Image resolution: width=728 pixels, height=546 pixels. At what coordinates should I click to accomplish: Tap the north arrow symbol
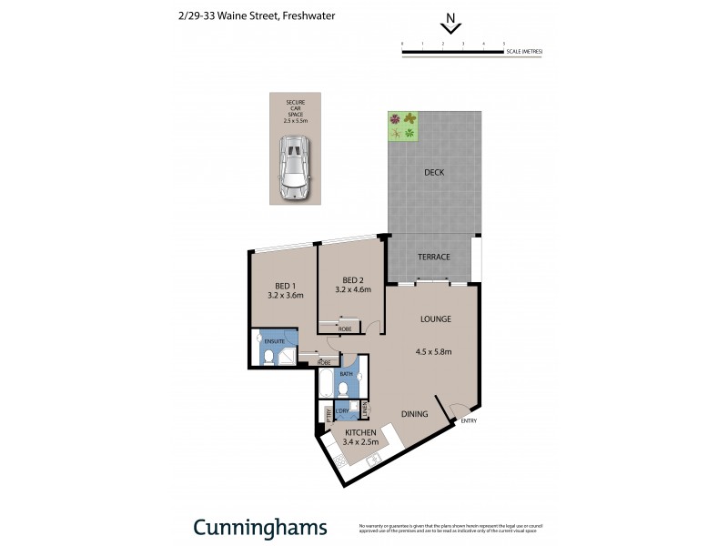(450, 24)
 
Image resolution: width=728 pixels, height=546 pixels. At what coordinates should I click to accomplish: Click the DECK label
(433, 173)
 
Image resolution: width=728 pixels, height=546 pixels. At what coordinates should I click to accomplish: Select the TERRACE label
(434, 257)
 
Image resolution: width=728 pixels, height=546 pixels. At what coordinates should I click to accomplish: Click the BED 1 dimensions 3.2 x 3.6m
(285, 295)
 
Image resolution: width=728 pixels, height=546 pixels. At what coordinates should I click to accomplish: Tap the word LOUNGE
(435, 319)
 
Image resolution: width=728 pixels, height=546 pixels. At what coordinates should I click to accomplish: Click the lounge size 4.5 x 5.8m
(434, 351)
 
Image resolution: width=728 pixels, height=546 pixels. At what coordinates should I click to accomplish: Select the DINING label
(415, 414)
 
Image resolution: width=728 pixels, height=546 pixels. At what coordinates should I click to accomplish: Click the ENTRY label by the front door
(469, 421)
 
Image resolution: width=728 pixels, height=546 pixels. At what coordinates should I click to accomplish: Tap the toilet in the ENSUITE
(269, 356)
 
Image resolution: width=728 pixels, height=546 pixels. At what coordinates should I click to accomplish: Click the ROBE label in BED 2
(346, 329)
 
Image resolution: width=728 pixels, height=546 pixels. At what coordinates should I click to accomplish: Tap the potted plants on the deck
(403, 126)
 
